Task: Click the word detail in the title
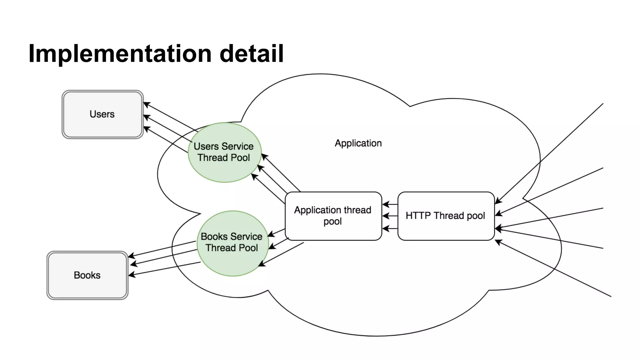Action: click(x=252, y=54)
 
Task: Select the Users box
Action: click(x=102, y=114)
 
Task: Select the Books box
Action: click(x=87, y=275)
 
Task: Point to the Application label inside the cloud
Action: click(x=358, y=143)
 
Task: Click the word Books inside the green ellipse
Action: click(x=214, y=237)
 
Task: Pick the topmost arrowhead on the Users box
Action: click(x=146, y=104)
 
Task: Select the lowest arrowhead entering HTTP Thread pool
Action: click(x=498, y=242)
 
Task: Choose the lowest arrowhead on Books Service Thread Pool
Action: click(x=261, y=265)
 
